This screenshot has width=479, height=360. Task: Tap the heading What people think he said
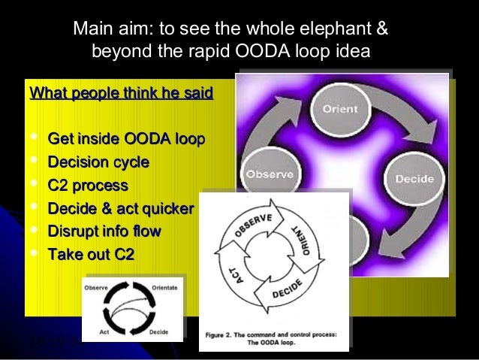coord(121,94)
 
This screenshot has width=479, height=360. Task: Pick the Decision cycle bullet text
coord(98,162)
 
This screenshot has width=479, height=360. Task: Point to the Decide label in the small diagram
coord(158,331)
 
